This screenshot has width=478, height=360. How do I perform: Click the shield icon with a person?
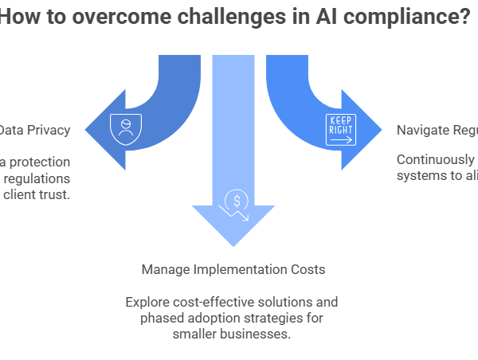124,127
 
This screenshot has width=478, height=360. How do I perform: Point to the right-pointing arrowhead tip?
382,129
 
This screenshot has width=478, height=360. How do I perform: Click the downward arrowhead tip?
233,245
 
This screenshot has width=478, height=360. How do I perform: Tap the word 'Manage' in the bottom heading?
163,269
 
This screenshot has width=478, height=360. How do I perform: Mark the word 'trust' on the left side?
55,194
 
